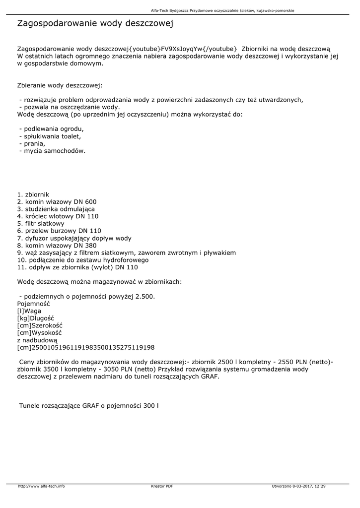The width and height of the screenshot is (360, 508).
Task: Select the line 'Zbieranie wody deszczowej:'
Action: point(60,85)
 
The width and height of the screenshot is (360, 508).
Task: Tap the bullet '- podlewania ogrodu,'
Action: point(51,129)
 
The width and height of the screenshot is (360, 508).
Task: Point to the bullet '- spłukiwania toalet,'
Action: point(50,136)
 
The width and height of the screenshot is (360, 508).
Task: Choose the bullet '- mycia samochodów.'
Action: point(52,151)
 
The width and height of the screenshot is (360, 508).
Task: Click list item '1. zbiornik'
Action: point(33,194)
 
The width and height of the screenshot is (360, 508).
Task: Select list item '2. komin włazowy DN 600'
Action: point(57,202)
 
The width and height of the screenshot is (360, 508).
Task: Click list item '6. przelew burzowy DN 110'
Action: point(59,231)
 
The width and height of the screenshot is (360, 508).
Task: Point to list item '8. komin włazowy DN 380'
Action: point(57,245)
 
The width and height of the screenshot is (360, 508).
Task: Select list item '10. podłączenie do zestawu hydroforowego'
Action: point(82,259)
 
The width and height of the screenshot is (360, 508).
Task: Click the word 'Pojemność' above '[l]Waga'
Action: point(34,304)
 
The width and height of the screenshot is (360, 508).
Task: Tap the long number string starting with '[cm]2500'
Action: point(86,347)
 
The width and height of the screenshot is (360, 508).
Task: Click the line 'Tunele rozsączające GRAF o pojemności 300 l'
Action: point(89,406)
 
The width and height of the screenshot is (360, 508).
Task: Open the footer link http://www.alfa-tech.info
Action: point(41,486)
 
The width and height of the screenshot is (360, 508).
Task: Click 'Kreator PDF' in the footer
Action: point(162,486)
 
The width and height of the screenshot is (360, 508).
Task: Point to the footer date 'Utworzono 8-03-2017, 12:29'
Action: point(299,486)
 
